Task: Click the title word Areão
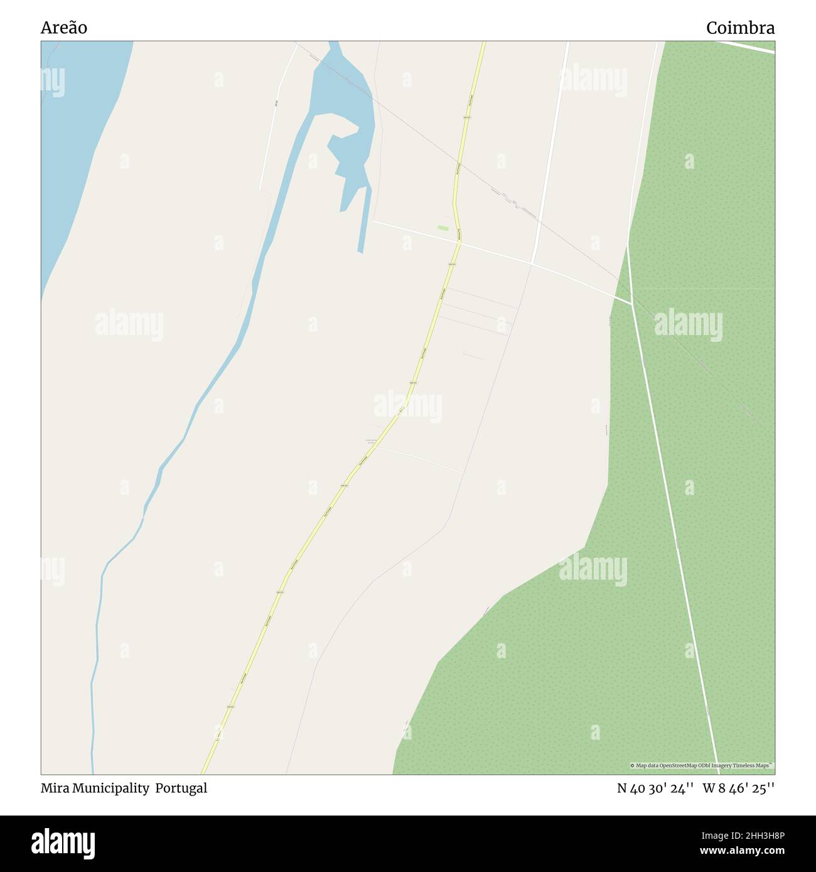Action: [x=64, y=28]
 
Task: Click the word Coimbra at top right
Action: [x=740, y=28]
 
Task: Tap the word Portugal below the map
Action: [x=181, y=789]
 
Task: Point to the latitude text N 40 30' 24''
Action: [x=655, y=789]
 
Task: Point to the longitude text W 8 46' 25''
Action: [x=739, y=789]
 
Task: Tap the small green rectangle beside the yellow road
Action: [x=443, y=228]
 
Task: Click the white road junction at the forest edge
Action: [x=630, y=303]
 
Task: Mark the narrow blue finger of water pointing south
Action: [x=362, y=220]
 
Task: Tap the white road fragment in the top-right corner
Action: [x=747, y=47]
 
